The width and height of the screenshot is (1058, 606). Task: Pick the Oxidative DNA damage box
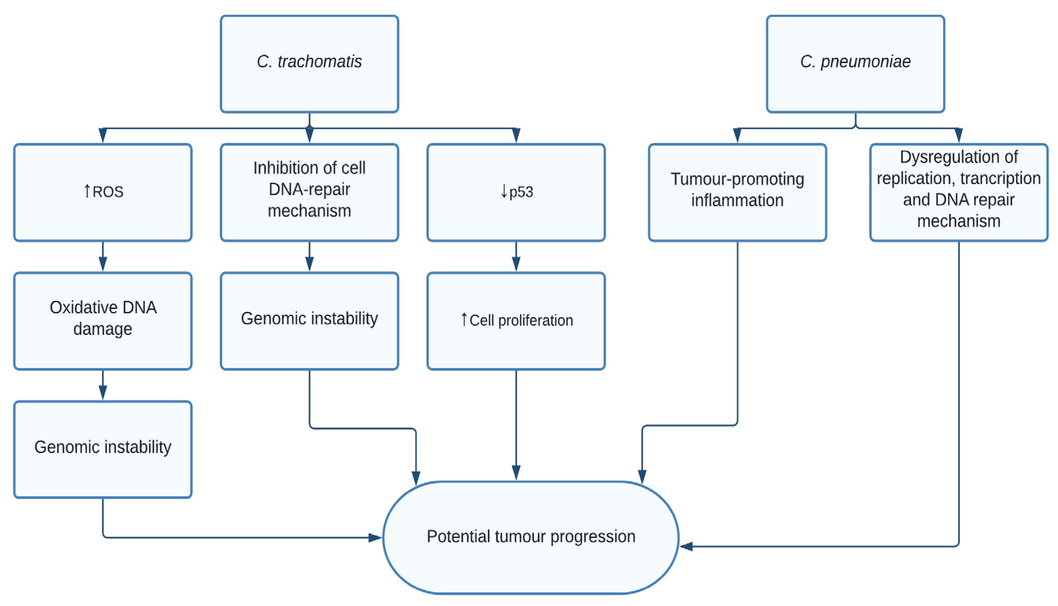(x=103, y=321)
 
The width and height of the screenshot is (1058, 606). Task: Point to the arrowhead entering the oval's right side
(x=686, y=546)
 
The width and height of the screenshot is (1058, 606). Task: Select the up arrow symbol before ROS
(x=87, y=191)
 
